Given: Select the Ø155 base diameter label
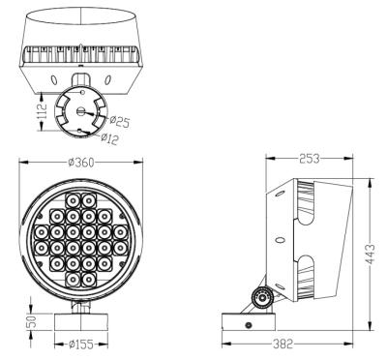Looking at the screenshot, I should (x=80, y=344).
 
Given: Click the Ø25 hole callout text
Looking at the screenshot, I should (x=121, y=121).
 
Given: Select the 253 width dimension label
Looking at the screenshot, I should (x=310, y=158).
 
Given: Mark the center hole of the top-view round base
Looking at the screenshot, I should (x=81, y=110).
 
